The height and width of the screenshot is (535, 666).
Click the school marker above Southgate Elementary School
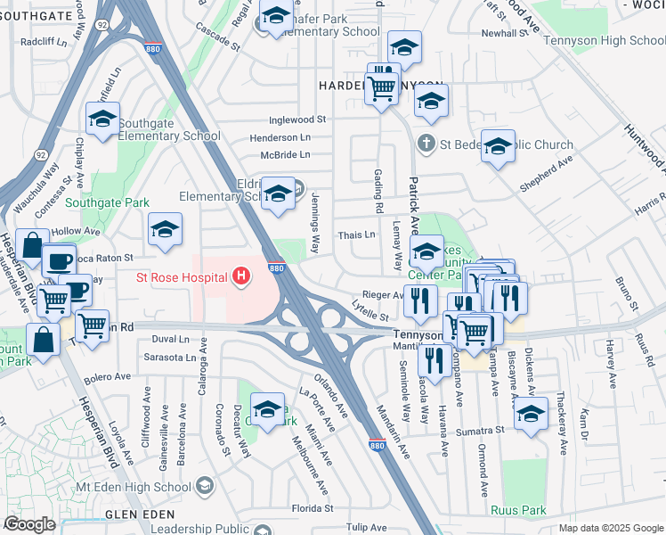pos(103,119)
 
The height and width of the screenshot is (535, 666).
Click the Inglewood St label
pos(298,119)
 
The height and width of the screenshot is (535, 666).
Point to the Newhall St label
pos(505,33)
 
